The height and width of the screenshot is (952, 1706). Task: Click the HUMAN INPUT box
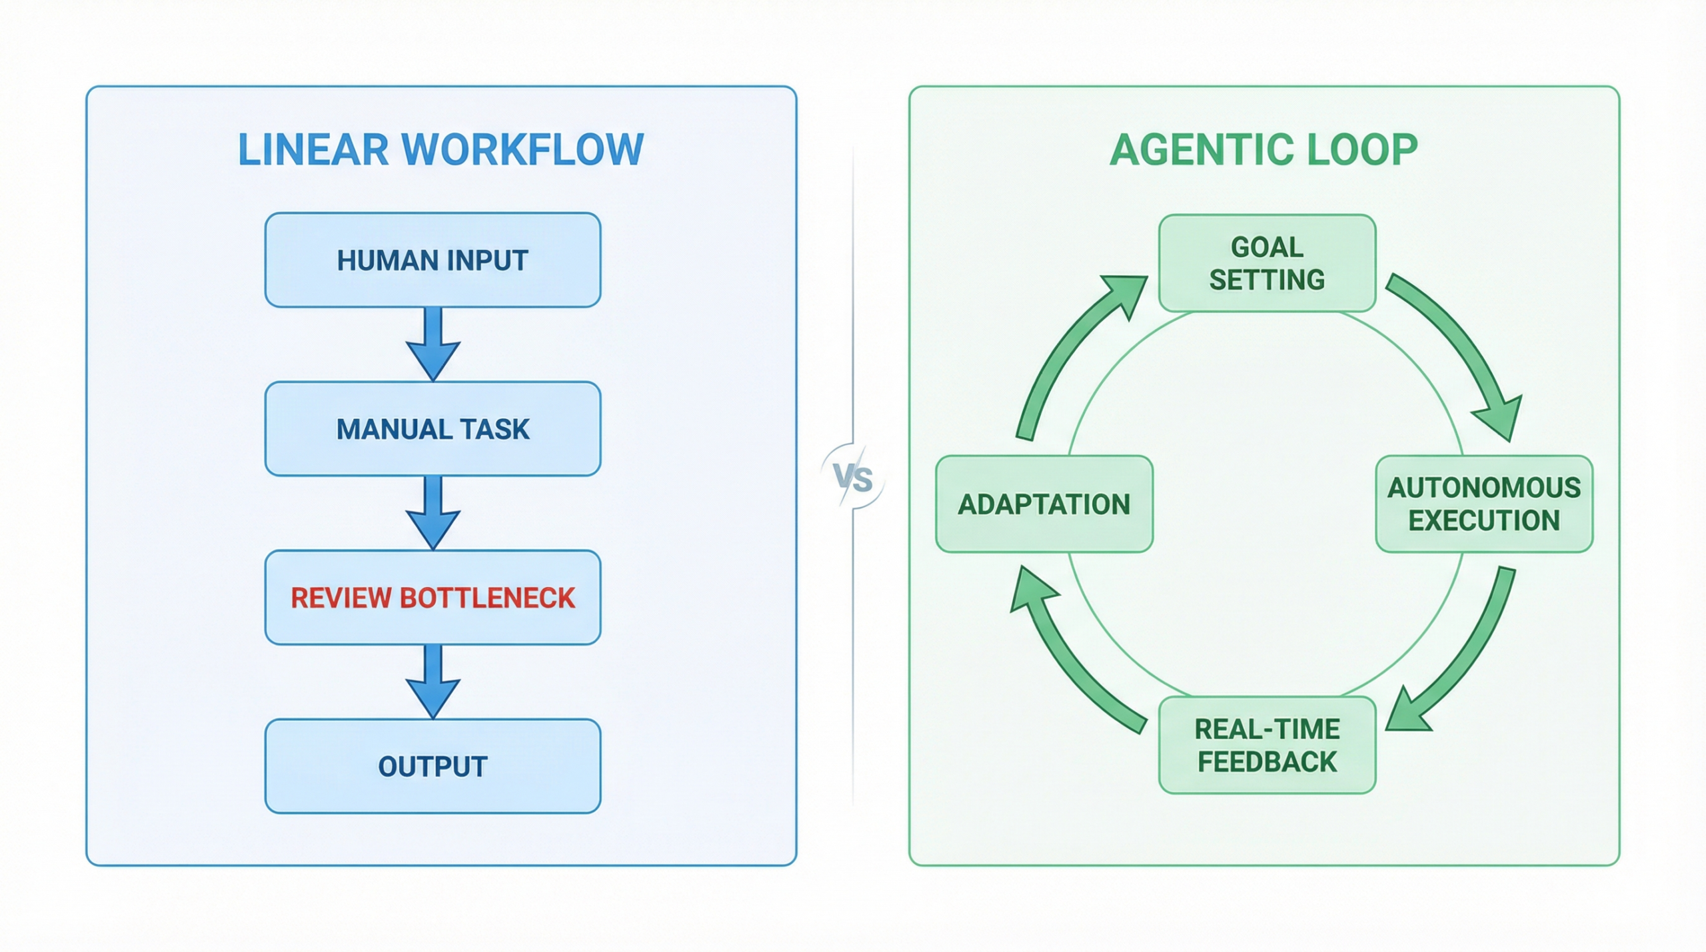[432, 260]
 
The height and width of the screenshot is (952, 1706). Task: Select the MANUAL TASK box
[432, 428]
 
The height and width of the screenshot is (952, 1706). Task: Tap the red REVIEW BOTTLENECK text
[432, 598]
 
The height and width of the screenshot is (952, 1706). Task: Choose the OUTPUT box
[432, 766]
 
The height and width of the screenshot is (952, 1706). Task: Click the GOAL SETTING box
[1267, 263]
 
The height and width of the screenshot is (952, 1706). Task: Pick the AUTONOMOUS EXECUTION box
[1484, 504]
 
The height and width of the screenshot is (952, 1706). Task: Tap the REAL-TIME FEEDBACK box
[1267, 745]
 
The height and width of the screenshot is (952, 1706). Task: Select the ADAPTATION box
[1044, 504]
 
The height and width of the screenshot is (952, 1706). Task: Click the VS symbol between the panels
[853, 478]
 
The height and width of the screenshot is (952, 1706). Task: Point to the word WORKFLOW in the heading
[522, 149]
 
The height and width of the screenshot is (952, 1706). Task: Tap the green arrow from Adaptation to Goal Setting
[1066, 353]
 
